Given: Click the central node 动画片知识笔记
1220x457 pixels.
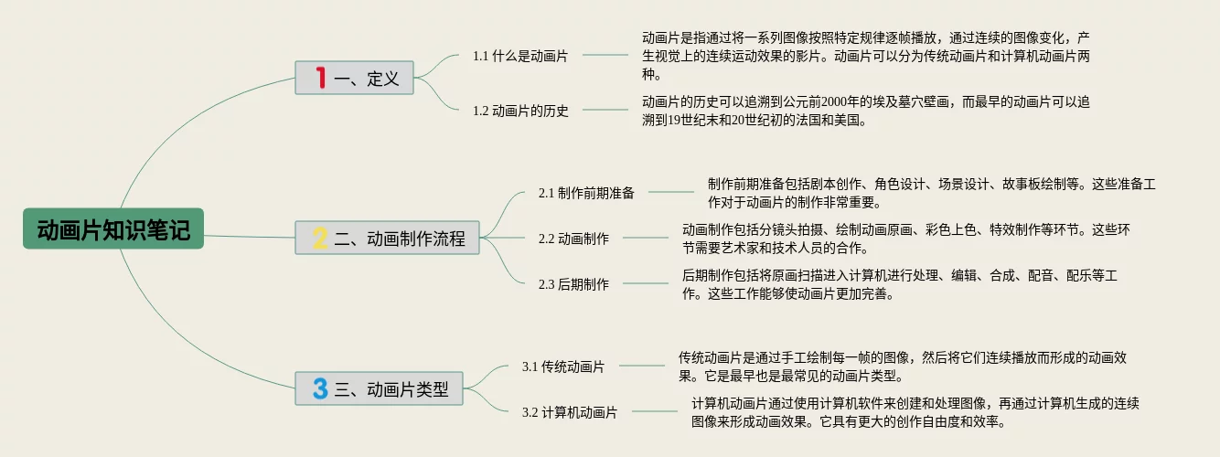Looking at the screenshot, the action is tap(113, 228).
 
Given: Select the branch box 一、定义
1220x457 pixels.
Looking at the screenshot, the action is tap(354, 79).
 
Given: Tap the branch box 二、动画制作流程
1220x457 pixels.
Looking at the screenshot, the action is tap(388, 239).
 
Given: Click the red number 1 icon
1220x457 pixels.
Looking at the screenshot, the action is tap(320, 79).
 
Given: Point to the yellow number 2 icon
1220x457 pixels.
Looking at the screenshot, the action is tap(320, 239).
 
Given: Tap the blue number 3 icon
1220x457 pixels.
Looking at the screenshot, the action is tap(319, 388).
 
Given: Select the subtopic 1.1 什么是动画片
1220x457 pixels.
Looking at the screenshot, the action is tap(519, 56).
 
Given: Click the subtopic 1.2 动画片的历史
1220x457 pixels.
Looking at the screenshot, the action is tap(520, 111).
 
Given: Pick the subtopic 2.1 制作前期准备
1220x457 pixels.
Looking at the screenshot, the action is tap(586, 193).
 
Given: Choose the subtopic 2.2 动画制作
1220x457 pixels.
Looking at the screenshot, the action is tap(573, 239).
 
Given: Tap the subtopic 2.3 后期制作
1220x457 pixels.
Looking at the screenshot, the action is tap(573, 284).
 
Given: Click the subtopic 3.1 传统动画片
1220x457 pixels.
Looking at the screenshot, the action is tap(563, 367).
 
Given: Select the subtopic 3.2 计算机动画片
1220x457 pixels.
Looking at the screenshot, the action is tap(570, 412).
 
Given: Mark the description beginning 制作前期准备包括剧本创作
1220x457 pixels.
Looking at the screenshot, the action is tap(931, 193).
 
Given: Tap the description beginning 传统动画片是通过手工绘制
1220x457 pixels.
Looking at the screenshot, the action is tap(907, 367).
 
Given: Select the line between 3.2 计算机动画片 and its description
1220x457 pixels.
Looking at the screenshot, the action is tap(655, 412).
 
